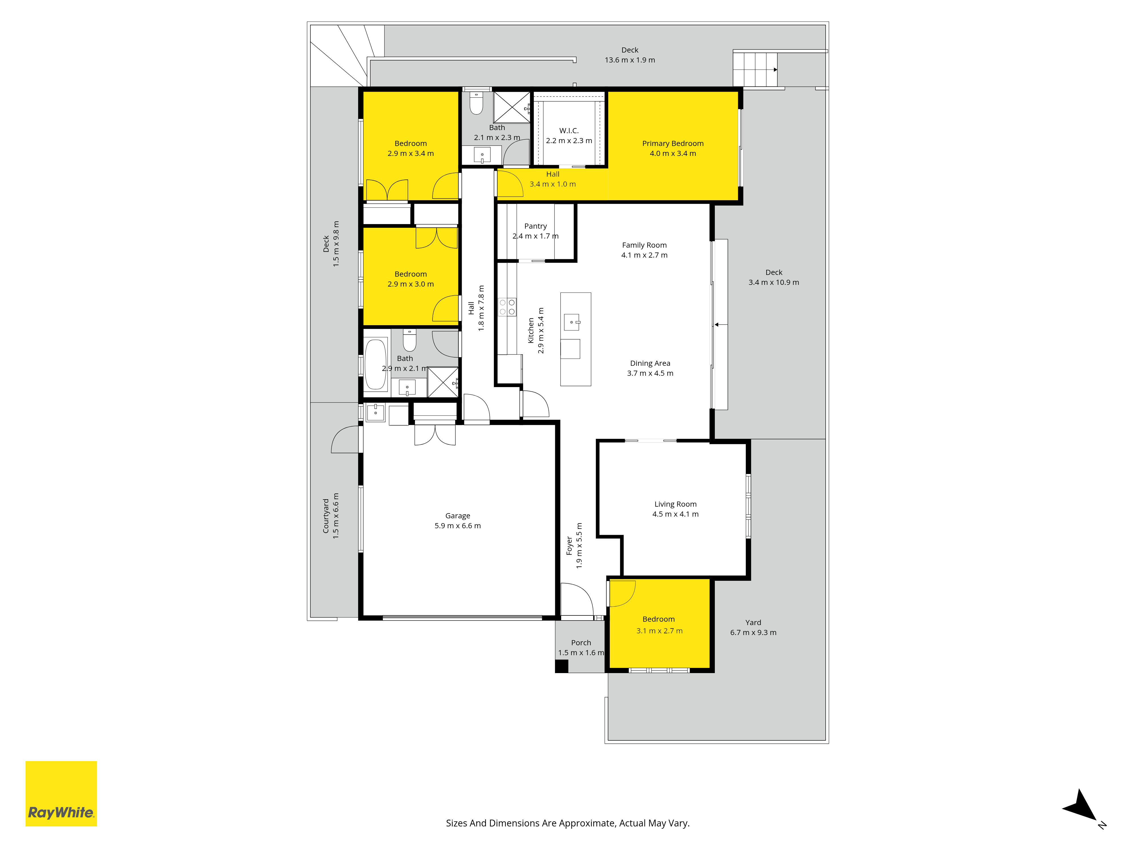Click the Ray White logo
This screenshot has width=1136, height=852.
[x=61, y=793]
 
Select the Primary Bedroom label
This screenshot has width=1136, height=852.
[x=673, y=143]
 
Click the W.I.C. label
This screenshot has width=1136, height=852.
[x=569, y=130]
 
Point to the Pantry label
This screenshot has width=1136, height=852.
[x=536, y=226]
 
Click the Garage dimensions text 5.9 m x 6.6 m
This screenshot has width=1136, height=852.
[x=458, y=525]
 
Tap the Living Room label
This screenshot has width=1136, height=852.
[x=675, y=504]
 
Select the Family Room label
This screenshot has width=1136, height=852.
[x=644, y=245]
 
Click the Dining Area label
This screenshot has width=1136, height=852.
[x=650, y=363]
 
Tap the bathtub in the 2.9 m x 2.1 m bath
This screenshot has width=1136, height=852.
[x=375, y=364]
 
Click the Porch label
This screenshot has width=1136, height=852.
[x=581, y=642]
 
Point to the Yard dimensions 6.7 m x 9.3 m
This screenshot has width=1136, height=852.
[x=753, y=632]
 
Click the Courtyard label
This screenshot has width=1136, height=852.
[x=325, y=516]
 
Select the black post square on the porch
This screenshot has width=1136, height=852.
[x=561, y=666]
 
